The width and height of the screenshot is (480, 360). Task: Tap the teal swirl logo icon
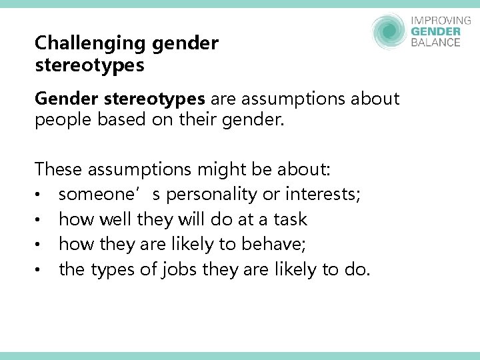click(389, 31)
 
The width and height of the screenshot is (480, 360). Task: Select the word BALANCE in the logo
click(436, 43)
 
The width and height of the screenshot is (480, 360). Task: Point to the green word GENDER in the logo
click(436, 31)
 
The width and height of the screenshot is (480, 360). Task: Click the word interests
click(323, 195)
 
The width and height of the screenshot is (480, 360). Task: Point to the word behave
click(275, 245)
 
